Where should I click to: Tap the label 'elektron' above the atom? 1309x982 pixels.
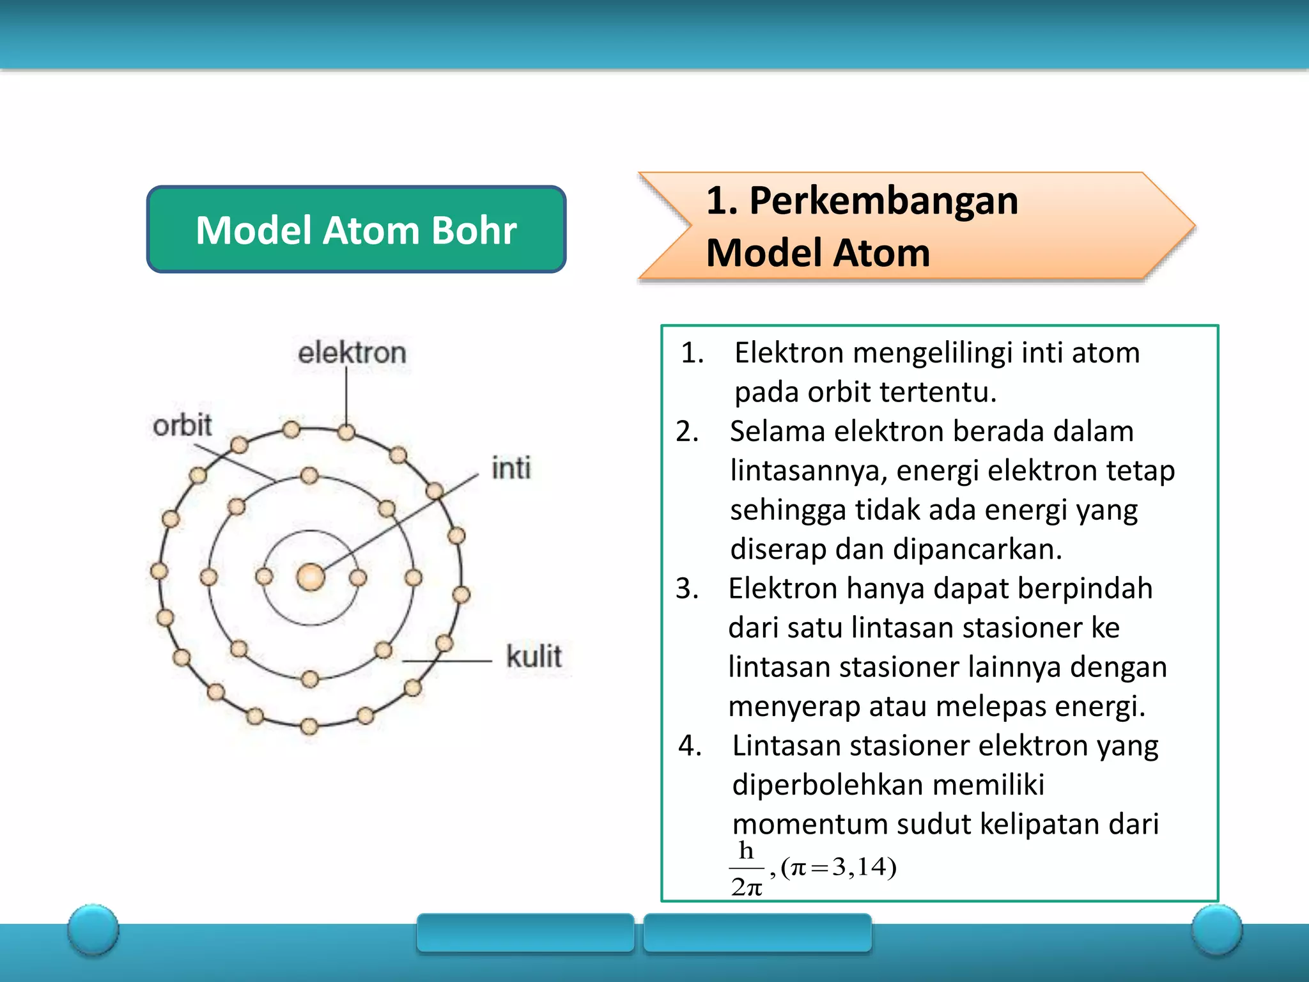[352, 353]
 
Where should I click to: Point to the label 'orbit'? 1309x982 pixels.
[182, 425]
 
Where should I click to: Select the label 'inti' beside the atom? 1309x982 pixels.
[511, 468]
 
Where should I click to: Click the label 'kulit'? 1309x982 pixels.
[534, 657]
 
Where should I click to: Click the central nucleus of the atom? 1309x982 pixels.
[311, 577]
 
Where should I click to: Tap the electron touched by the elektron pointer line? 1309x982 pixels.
[346, 432]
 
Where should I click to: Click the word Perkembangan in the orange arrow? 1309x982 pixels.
[883, 201]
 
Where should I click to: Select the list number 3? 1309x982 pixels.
[686, 588]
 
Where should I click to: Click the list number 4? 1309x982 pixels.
[689, 745]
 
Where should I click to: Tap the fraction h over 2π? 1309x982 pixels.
[747, 868]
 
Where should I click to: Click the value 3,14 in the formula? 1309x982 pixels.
[859, 867]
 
